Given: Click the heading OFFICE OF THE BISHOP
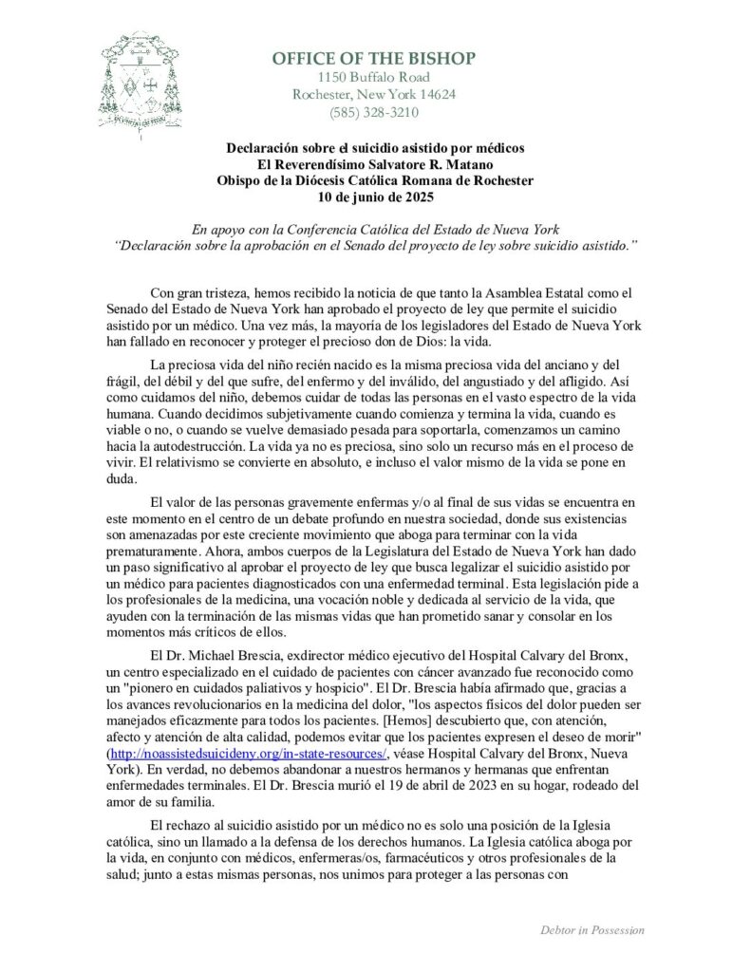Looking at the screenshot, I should click(373, 59).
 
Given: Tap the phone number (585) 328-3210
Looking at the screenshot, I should click(373, 113).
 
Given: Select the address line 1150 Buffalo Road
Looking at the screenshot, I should click(373, 77).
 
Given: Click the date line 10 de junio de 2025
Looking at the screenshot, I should click(374, 197).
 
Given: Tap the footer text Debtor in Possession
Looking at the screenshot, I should click(591, 930).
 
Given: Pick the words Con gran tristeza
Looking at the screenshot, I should click(200, 295).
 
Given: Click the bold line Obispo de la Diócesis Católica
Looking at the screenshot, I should click(374, 181).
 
